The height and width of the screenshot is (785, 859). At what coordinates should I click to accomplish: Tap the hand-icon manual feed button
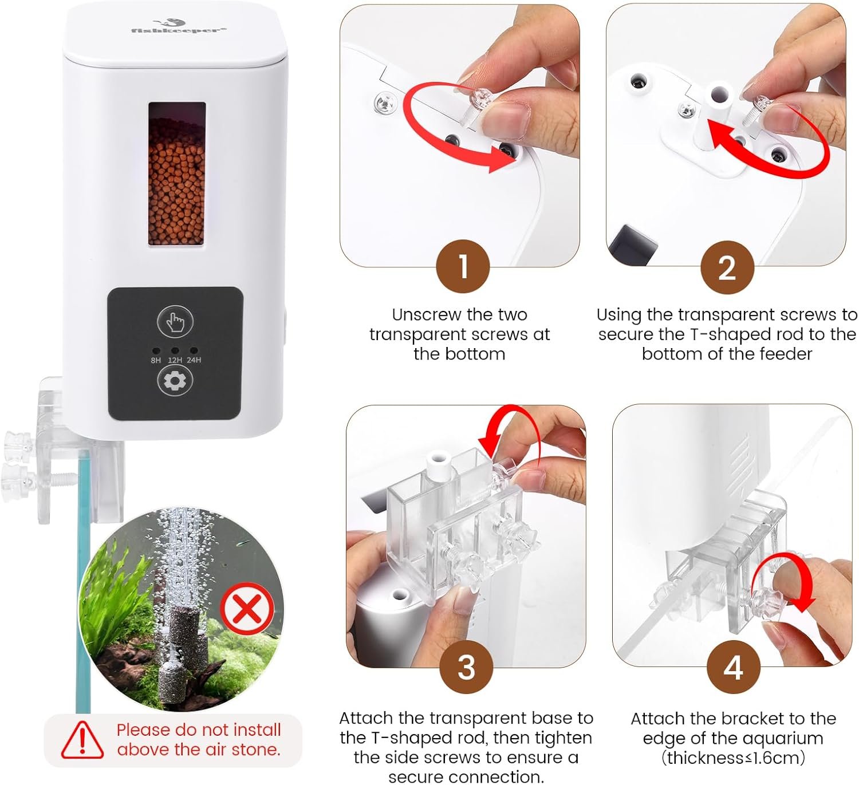[175, 321]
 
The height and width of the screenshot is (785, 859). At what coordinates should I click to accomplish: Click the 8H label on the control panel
[156, 360]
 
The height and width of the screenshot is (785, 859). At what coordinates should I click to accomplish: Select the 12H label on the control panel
[175, 360]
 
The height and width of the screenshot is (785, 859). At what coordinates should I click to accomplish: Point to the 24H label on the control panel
[194, 360]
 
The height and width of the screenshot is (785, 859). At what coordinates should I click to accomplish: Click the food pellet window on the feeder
[177, 174]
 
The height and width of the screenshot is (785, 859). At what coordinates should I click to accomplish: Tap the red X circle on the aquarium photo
[247, 609]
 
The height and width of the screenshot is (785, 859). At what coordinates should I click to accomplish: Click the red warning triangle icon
[82, 740]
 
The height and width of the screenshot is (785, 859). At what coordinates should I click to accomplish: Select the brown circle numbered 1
[463, 266]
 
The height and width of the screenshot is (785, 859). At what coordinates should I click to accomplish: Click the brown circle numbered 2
[727, 267]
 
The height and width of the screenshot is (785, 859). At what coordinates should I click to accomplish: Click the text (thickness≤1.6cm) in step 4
[733, 758]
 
